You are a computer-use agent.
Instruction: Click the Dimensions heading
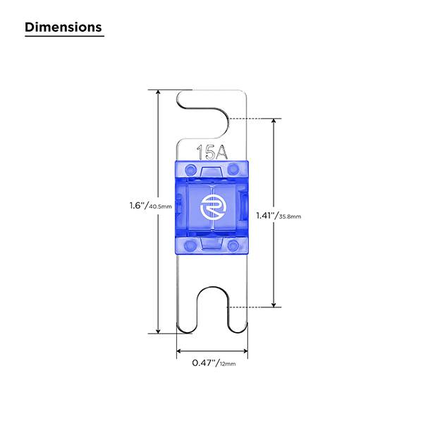point(63,27)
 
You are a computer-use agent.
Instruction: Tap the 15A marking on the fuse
point(212,152)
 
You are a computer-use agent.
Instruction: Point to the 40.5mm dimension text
point(160,207)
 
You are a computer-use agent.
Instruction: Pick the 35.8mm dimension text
point(290,216)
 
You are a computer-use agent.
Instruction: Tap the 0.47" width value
point(204,363)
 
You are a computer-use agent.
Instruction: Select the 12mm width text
point(228,364)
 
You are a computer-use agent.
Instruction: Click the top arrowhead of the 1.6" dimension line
point(159,92)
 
